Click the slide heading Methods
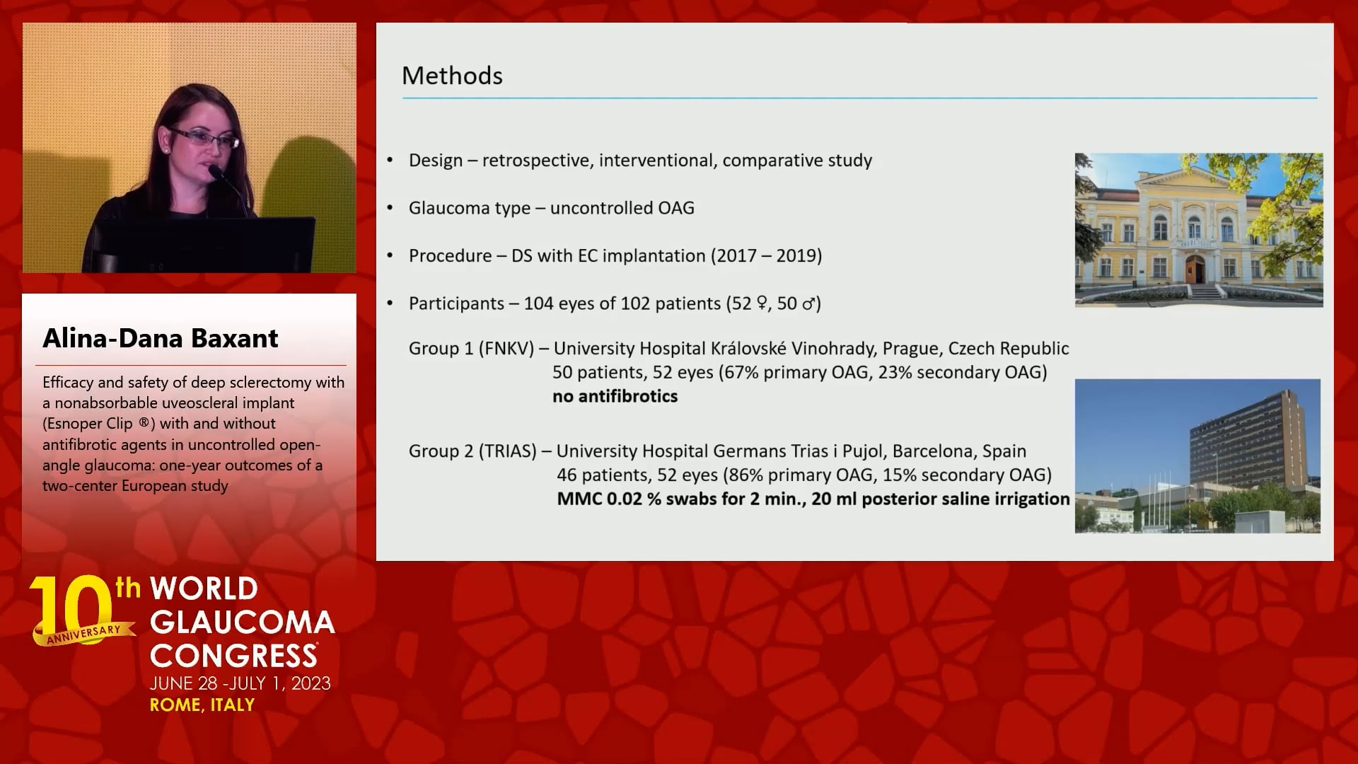pos(452,76)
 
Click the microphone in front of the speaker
pos(230,187)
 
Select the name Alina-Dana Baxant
pos(161,338)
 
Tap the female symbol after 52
pos(762,303)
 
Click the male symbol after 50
pos(810,304)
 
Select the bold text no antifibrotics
pos(615,396)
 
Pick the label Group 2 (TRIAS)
pos(472,451)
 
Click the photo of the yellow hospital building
pos(1199,230)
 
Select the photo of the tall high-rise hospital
pos(1197,456)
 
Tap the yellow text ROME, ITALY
pos(202,705)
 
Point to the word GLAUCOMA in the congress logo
pos(243,623)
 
